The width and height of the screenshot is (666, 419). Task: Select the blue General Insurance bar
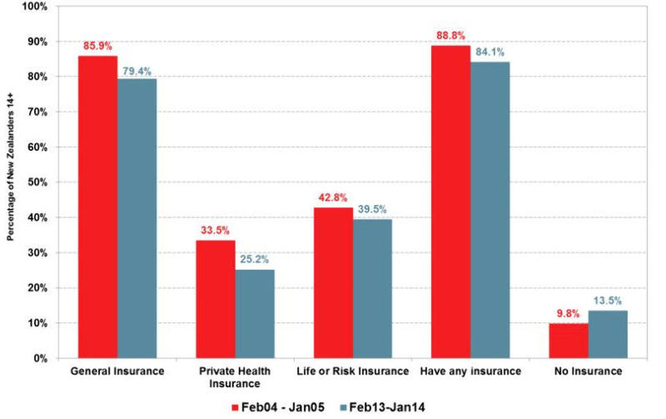137,218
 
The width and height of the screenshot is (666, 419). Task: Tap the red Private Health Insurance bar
215,299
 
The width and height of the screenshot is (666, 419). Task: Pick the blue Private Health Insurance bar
254,313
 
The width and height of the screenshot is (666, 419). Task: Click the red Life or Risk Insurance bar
333,282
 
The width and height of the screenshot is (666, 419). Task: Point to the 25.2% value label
255,261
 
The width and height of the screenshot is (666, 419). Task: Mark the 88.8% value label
451,37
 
